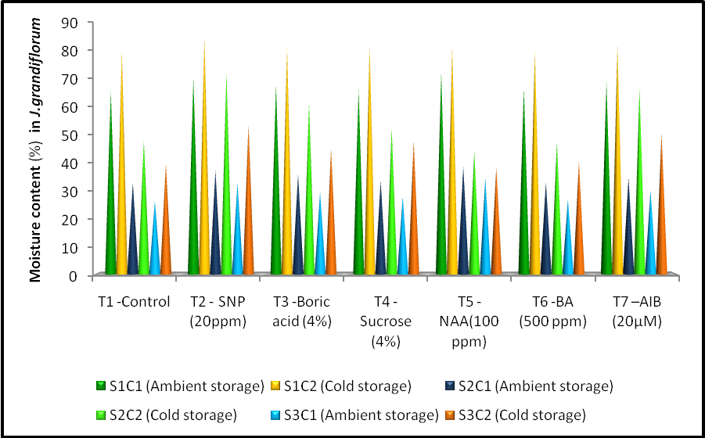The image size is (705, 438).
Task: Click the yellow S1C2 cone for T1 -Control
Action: (121, 196)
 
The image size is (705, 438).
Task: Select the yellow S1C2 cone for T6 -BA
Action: (535, 196)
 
